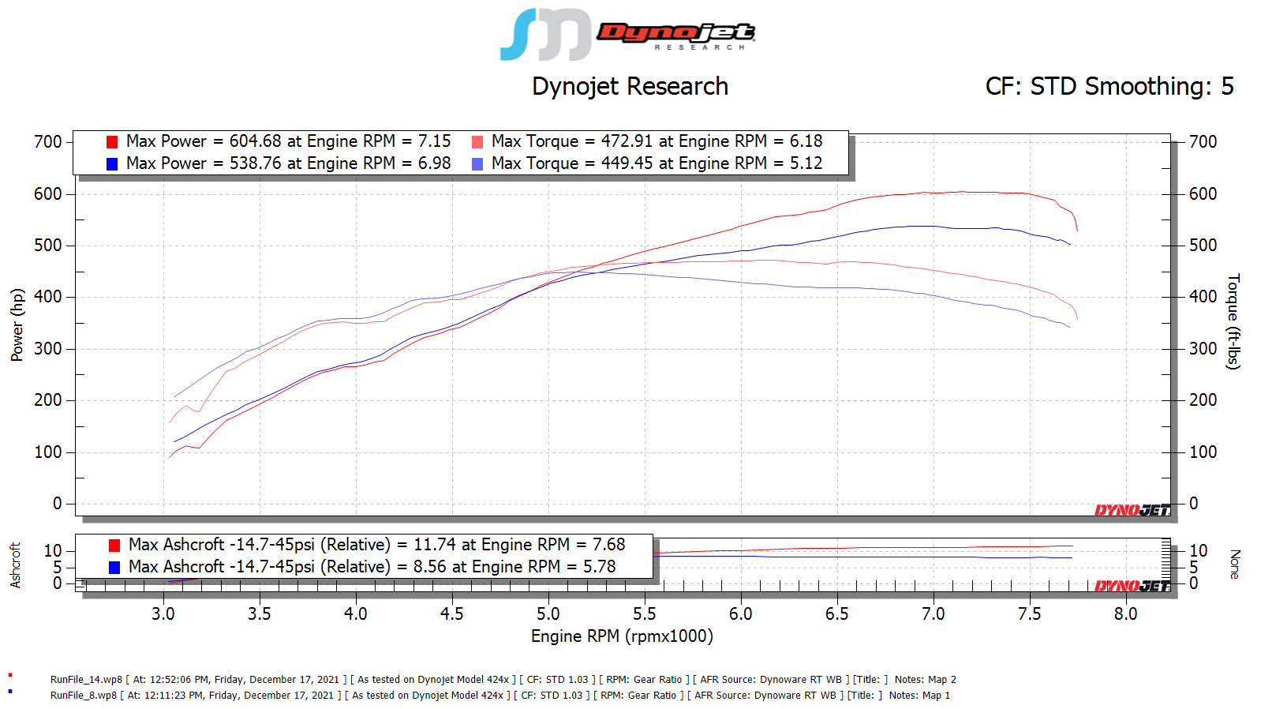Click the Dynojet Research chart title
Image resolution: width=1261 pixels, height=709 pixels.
coord(630,86)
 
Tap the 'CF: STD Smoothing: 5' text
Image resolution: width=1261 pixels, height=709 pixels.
coord(1109,86)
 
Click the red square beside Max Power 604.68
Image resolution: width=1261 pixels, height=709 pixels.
coord(112,142)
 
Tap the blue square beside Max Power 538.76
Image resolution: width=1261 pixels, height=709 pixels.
coord(112,164)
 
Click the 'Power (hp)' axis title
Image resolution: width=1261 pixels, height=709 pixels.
coord(17,324)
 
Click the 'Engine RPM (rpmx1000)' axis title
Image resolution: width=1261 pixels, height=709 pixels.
coord(622,636)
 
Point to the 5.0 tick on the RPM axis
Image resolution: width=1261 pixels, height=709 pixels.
coord(548,614)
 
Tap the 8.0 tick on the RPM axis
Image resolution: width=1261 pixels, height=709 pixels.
coord(1125,614)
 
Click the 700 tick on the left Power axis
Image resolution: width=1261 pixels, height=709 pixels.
coord(47,142)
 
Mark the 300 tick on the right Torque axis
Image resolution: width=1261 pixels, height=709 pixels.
coord(1203,349)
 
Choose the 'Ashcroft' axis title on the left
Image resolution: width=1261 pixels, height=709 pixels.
coord(15,565)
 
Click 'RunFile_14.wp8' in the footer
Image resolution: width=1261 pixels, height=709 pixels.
coord(86,680)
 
